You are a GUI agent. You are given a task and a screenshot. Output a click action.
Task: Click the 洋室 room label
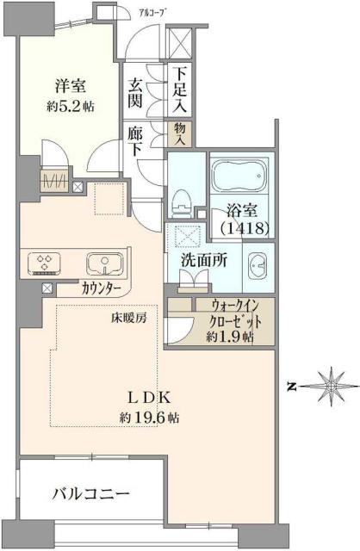click(70, 86)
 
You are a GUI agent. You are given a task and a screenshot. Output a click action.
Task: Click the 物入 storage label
click(181, 133)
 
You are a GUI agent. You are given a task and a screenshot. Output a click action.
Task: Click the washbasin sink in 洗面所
click(257, 265)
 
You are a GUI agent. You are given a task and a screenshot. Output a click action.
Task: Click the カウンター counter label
click(102, 288)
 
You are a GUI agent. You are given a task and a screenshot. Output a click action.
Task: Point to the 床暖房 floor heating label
click(128, 317)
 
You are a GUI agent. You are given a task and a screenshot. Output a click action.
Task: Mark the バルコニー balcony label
click(90, 495)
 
